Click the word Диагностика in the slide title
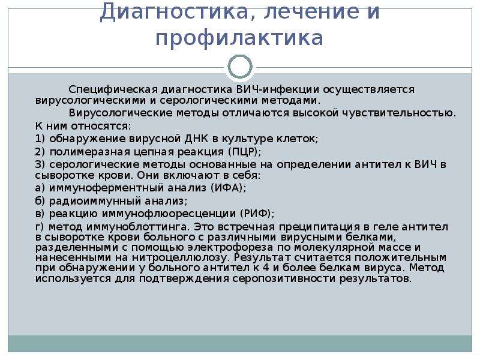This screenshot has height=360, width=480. [x=173, y=11]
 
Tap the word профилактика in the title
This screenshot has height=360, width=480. [x=239, y=38]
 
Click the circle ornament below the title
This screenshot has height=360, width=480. [x=241, y=67]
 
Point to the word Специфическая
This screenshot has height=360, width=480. [x=113, y=89]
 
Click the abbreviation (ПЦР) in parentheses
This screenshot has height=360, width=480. [x=244, y=152]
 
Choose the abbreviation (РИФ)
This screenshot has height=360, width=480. [x=257, y=214]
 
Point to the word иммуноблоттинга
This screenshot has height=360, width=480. [x=137, y=227]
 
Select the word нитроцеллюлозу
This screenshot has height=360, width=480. [x=181, y=257]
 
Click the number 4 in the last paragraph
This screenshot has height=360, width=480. [x=265, y=268]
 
